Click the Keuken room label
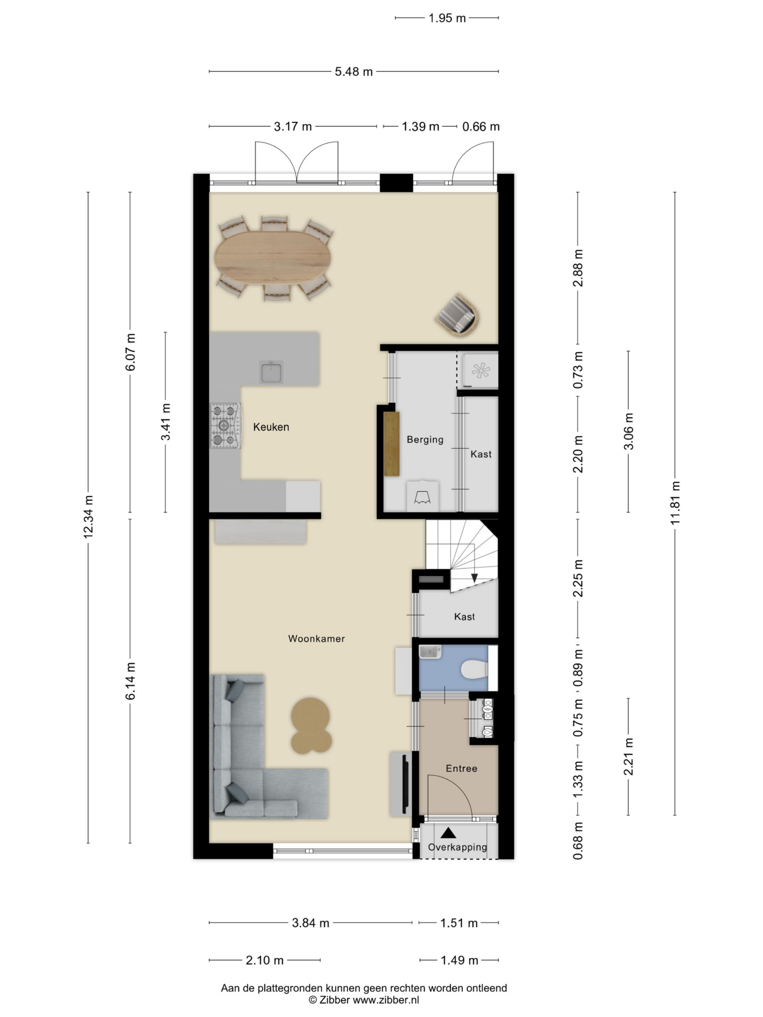[271, 427]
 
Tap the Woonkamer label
[316, 639]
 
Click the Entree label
[461, 768]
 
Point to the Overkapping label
[457, 847]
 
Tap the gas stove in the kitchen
[225, 426]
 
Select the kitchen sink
[271, 372]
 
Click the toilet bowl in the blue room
[474, 669]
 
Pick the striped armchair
[457, 315]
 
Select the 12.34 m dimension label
[88, 516]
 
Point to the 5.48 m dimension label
[354, 72]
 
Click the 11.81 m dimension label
[675, 503]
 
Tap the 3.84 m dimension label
[310, 923]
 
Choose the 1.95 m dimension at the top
[447, 18]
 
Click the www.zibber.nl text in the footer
[385, 1000]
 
